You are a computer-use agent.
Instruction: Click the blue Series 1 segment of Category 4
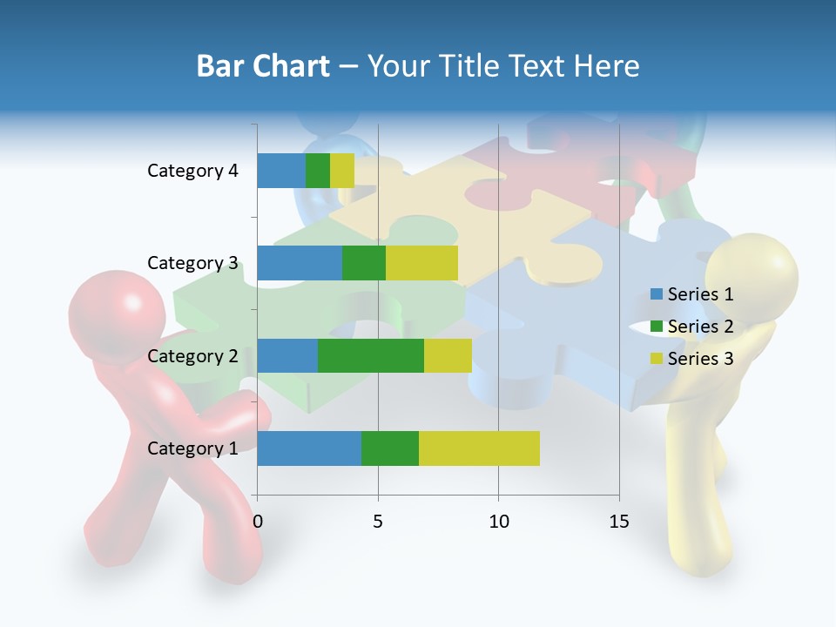pos(280,171)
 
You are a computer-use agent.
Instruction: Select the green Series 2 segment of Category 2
pos(370,355)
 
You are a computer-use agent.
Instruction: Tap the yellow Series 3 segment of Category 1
pos(479,448)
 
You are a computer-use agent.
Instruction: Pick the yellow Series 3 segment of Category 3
pos(421,263)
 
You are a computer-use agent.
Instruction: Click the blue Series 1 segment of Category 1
pos(308,448)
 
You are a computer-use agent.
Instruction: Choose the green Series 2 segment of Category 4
pos(318,171)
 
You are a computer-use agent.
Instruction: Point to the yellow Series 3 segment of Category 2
pos(448,355)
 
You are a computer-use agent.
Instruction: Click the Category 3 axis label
pos(192,263)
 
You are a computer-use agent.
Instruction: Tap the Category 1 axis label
pos(192,448)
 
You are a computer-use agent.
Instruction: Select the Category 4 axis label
pos(192,171)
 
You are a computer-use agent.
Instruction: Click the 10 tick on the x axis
pos(498,522)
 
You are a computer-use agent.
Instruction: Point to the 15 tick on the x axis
pos(618,522)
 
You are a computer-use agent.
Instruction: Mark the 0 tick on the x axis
pos(257,522)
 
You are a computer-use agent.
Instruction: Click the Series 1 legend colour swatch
pos(657,294)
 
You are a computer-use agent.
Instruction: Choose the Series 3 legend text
pos(700,359)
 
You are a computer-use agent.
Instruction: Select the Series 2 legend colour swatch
pos(657,327)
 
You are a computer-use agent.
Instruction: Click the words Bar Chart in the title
pos(263,66)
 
